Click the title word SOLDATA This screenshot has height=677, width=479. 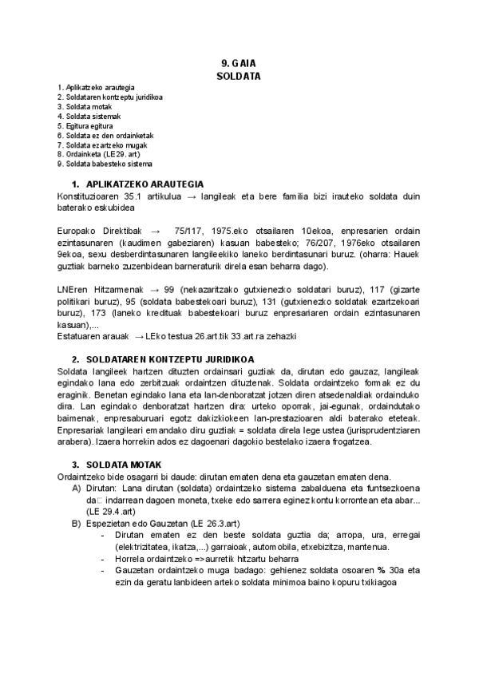click(239, 76)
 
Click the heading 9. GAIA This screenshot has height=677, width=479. click(239, 63)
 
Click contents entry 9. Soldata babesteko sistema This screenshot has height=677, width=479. click(105, 164)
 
